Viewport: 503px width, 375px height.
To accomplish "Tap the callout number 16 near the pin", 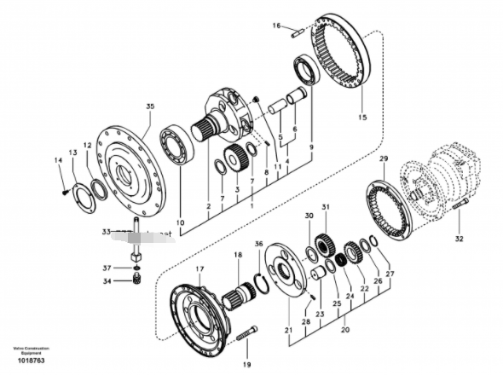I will [275, 26].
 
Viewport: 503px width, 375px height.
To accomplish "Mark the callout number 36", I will [259, 244].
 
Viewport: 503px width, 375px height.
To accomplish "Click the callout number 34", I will [107, 280].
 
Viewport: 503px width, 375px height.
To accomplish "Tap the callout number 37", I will [107, 267].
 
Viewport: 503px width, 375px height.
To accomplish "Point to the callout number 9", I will [311, 146].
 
